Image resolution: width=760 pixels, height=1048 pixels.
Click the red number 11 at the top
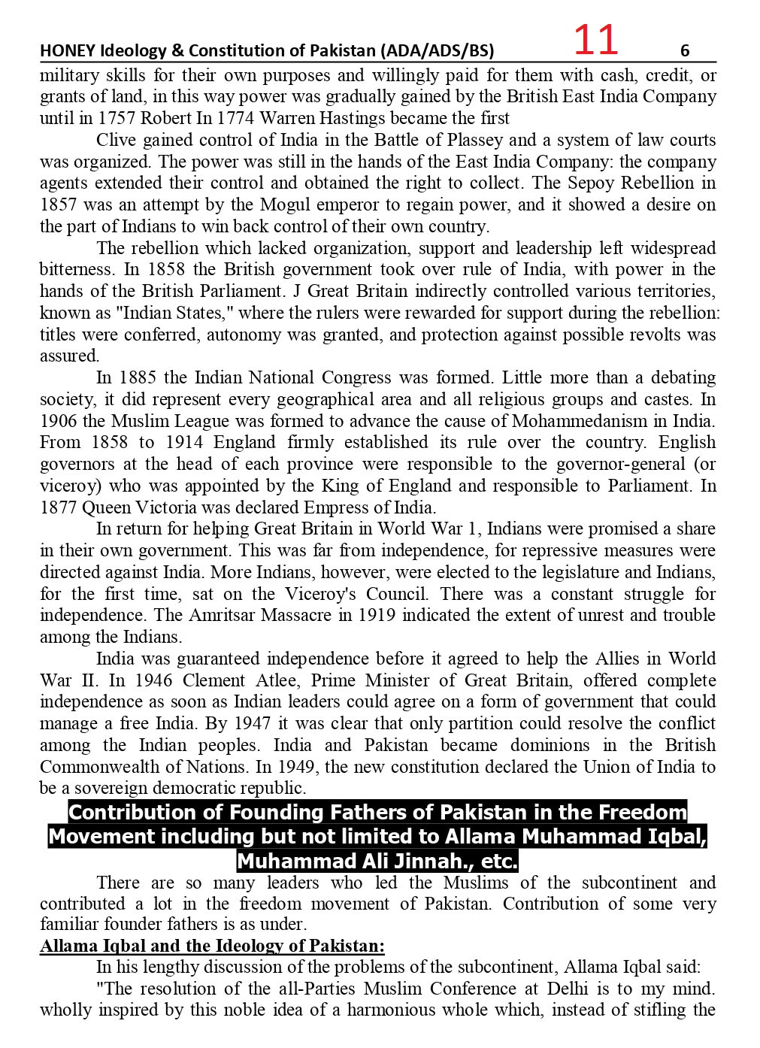point(595,40)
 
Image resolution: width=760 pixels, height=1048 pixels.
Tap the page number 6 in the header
point(684,51)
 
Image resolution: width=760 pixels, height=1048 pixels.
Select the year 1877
point(58,507)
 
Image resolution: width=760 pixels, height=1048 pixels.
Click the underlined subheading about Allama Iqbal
point(212,946)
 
